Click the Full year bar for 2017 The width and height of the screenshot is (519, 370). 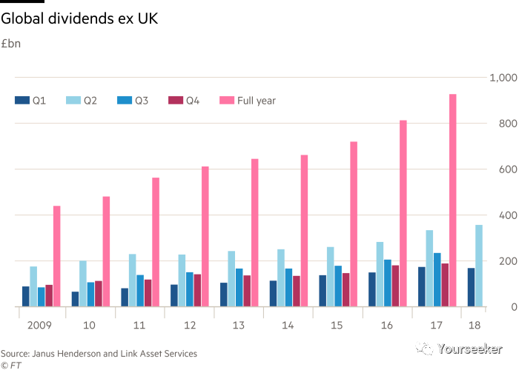tap(452, 200)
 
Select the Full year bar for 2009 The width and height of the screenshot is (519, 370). tap(56, 255)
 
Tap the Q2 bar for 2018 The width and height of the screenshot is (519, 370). tap(479, 265)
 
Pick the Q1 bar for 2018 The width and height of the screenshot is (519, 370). tap(471, 287)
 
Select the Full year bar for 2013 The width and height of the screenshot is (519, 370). tap(254, 232)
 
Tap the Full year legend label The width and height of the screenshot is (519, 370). tap(257, 100)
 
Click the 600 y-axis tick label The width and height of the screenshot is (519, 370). tap(506, 169)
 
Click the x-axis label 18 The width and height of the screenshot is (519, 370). tap(474, 326)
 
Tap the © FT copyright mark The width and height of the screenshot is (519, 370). tap(10, 365)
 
